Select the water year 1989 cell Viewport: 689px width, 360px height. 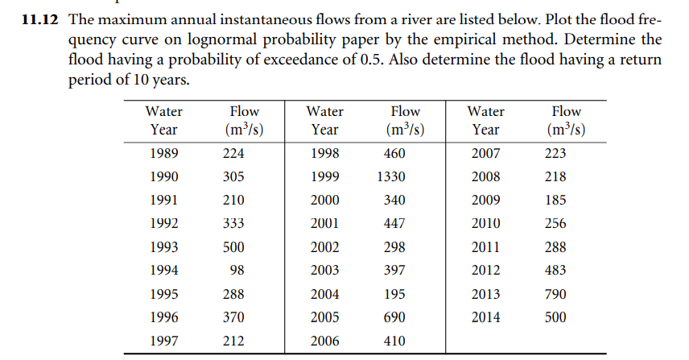point(163,153)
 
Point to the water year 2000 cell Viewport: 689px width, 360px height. point(324,200)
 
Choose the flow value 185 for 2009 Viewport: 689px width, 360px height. point(555,200)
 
